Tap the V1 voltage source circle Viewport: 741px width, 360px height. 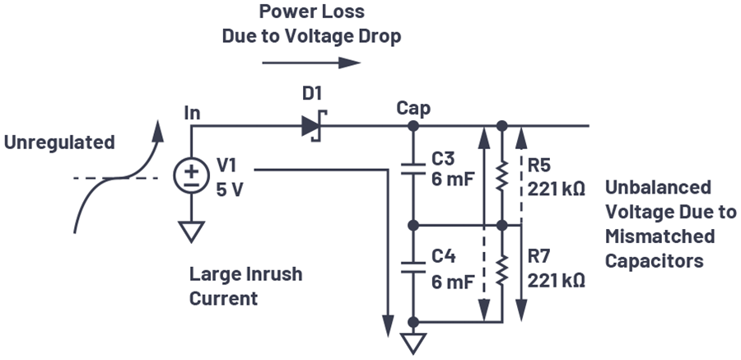191,176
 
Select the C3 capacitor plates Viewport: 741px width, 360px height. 413,170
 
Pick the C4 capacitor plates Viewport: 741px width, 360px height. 413,267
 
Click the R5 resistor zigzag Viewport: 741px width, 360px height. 502,176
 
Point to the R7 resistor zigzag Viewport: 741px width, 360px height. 502,270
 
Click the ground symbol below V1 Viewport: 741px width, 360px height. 191,231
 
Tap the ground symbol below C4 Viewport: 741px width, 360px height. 413,344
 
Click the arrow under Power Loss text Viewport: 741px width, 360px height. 311,63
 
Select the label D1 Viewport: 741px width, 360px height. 312,94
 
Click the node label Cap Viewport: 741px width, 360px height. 413,109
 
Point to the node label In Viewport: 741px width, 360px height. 192,113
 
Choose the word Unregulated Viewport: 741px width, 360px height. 59,143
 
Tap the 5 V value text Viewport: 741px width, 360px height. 230,189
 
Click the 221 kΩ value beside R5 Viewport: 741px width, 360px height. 557,189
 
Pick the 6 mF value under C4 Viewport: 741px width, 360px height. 452,282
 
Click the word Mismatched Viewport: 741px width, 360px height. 659,236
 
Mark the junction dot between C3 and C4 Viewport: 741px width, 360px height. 413,226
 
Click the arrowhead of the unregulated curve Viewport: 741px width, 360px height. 158,131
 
